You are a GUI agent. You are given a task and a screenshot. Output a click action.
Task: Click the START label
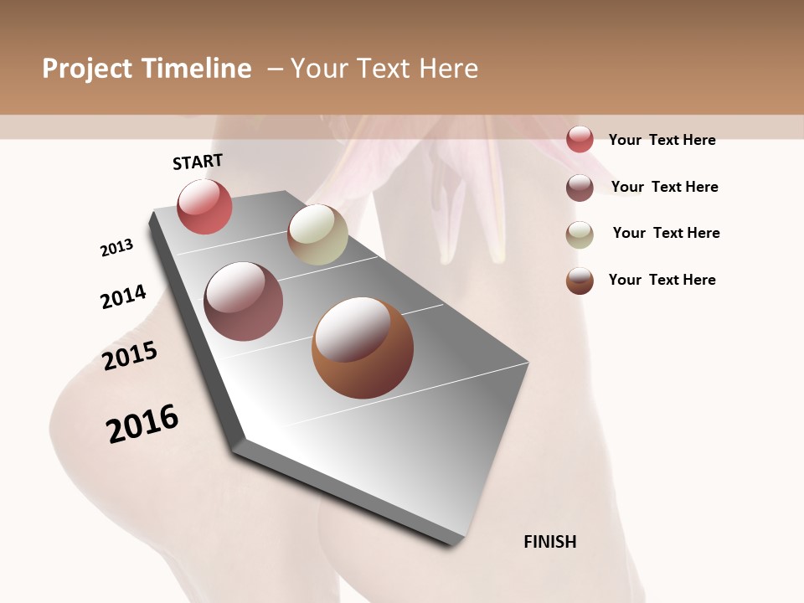click(x=198, y=162)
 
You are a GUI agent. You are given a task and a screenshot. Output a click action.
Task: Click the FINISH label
click(x=550, y=542)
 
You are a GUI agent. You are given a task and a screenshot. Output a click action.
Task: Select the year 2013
click(x=116, y=248)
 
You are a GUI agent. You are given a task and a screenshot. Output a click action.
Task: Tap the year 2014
click(x=123, y=296)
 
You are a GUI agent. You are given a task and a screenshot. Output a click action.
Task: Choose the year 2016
click(x=142, y=423)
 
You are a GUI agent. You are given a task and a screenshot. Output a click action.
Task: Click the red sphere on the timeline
click(x=204, y=207)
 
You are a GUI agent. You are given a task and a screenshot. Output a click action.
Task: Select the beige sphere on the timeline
click(x=317, y=234)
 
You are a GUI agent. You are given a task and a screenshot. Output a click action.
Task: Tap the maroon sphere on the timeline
click(x=244, y=301)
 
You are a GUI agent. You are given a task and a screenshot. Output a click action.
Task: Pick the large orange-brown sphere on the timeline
click(x=363, y=348)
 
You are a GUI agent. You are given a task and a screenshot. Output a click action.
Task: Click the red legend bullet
click(x=580, y=139)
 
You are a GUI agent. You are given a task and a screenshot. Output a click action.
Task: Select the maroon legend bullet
click(x=580, y=188)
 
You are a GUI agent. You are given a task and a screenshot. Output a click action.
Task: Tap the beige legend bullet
click(x=580, y=234)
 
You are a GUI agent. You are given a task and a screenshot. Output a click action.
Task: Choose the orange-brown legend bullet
click(x=580, y=281)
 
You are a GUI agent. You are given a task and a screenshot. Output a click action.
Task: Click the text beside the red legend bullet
click(x=662, y=140)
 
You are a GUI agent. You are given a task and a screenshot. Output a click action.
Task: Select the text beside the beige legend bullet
click(x=666, y=233)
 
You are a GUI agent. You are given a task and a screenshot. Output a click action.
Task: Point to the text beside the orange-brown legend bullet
click(x=662, y=280)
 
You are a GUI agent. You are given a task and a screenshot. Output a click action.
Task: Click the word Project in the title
click(x=88, y=69)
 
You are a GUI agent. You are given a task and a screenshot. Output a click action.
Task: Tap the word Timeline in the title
click(x=196, y=69)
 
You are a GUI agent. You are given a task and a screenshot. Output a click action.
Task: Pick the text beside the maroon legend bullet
click(x=664, y=187)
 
